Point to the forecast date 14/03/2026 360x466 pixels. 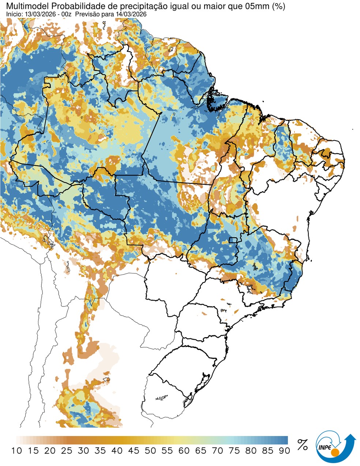[130, 14]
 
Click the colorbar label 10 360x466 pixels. [16, 451]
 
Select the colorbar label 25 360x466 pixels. [67, 451]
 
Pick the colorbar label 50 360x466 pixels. [150, 451]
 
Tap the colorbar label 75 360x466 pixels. [234, 451]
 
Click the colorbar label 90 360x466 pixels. [284, 451]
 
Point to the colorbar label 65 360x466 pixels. [200, 451]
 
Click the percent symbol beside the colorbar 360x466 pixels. [303, 445]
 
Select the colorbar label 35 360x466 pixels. [100, 451]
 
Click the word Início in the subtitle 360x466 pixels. [14, 14]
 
